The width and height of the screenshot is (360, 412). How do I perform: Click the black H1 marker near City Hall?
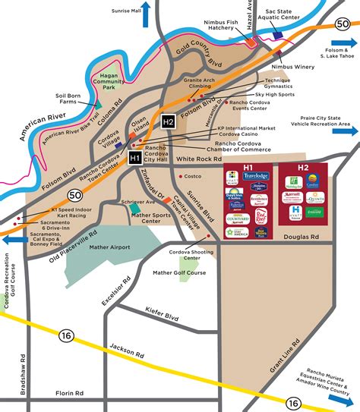pyautogui.click(x=134, y=158)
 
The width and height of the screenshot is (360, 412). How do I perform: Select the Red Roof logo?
pyautogui.click(x=261, y=217)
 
